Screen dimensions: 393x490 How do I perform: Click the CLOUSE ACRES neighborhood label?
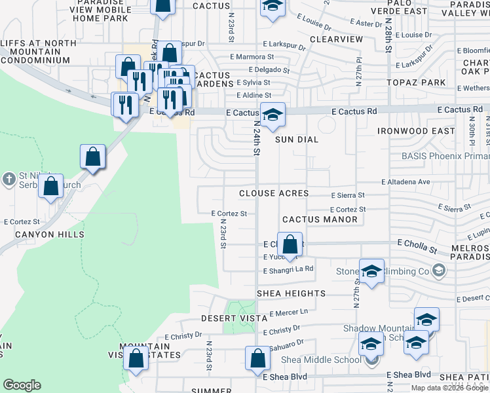pos(274,193)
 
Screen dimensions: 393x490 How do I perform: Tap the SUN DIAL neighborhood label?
pos(296,140)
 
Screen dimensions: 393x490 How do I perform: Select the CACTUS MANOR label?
pos(320,219)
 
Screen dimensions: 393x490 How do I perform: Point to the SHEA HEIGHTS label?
pos(291,293)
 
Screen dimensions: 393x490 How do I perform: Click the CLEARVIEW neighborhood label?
pos(336,39)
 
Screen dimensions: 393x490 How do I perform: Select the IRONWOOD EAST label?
pos(416,131)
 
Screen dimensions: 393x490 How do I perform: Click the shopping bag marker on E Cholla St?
pos(290,245)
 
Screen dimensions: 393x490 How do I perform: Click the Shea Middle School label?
pos(321,360)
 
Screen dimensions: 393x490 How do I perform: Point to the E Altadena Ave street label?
pos(405,181)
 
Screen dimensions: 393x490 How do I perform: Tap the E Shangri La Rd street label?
pos(288,270)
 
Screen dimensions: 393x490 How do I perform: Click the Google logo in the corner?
pos(22,385)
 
